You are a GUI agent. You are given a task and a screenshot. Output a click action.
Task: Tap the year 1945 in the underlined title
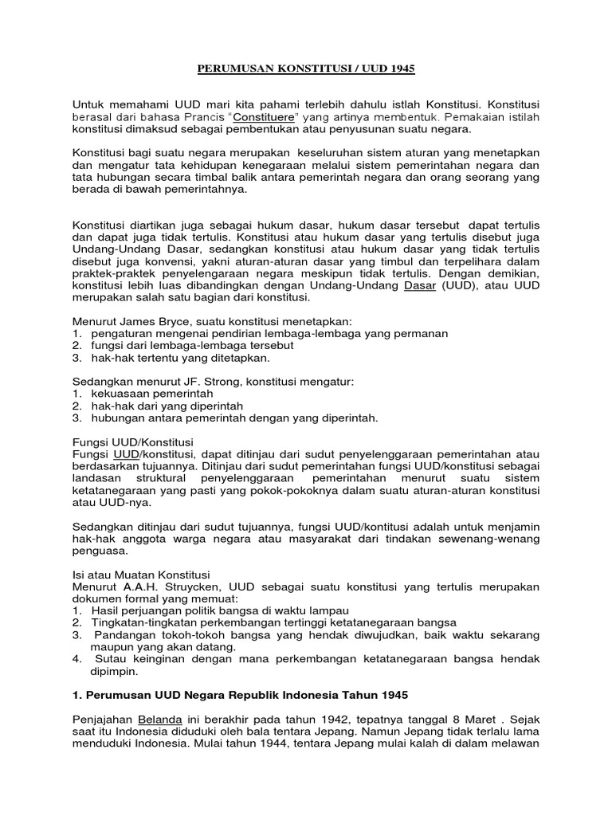[x=401, y=69]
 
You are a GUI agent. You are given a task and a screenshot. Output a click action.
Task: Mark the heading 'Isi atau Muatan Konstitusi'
[x=141, y=574]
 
